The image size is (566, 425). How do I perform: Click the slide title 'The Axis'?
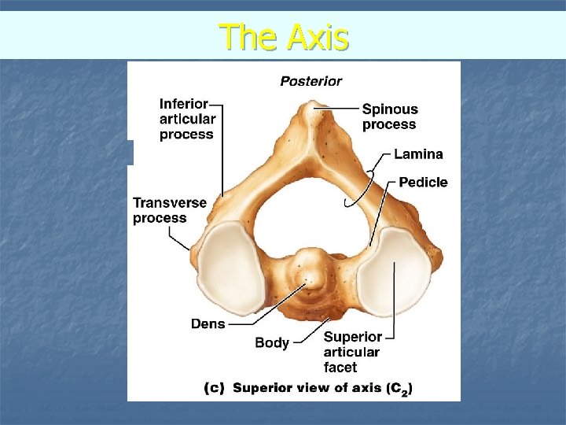pos(283,36)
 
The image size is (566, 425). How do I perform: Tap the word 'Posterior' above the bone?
pos(311,80)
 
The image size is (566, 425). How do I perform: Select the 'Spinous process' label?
pos(389,116)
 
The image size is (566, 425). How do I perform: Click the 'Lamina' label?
pos(418,154)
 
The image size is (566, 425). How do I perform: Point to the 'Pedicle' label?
pos(423,183)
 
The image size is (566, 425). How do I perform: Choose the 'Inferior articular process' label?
pos(186,119)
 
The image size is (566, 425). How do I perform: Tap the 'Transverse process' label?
pos(169,210)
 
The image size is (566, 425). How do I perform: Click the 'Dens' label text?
pos(208,323)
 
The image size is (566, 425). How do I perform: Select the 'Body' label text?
pos(272,342)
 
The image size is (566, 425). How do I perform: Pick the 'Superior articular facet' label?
pos(351,352)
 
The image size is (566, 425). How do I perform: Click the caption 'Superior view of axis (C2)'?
pos(322,387)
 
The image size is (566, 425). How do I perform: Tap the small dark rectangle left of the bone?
pos(131,152)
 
